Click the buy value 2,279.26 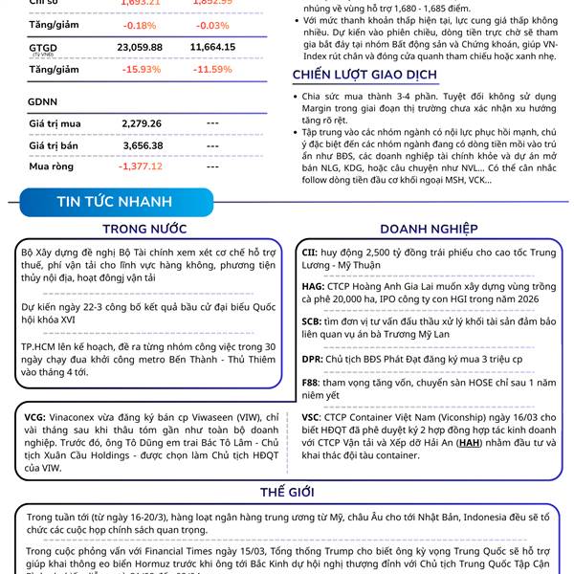pos(143,122)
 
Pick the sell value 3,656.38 pos(143,144)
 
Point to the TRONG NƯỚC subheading pos(144,229)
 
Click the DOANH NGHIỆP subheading pos(429,229)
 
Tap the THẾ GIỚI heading pos(287,492)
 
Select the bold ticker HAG pos(312,285)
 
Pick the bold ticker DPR pos(312,359)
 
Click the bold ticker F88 pos(311,382)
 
